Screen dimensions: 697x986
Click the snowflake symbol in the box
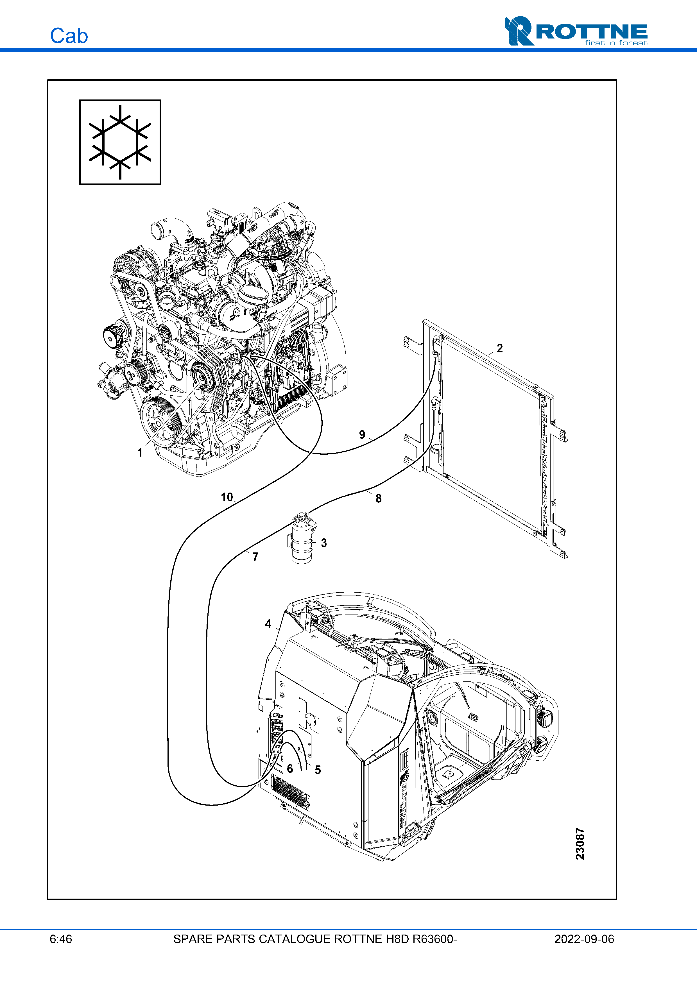[x=120, y=142]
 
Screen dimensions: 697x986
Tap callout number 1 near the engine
[x=140, y=453]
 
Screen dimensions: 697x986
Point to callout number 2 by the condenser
[x=499, y=348]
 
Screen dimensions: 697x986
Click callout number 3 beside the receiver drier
[x=324, y=543]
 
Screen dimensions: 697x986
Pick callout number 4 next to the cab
[x=268, y=624]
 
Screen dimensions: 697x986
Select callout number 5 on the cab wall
[x=318, y=770]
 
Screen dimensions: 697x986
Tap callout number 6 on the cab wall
[x=290, y=769]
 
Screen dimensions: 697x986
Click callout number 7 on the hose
[x=255, y=557]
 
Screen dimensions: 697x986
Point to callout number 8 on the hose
[x=378, y=498]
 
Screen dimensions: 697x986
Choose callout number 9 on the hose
[x=362, y=435]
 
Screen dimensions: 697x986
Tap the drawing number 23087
[x=580, y=844]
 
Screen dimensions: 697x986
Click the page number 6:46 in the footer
[x=61, y=939]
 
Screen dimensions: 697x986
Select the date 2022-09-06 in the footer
[x=584, y=939]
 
